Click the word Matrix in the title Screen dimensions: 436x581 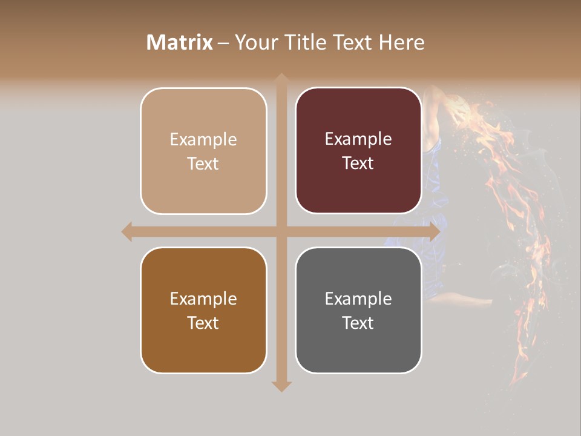coord(180,42)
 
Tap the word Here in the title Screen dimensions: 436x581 coord(401,42)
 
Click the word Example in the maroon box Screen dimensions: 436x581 coord(358,139)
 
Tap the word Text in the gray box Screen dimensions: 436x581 coord(358,323)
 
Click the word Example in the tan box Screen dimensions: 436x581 coord(203,140)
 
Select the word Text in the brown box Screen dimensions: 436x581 coord(203,323)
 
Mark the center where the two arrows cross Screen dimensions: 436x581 coord(281,231)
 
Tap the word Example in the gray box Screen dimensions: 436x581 coord(358,299)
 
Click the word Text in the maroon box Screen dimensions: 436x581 coord(358,163)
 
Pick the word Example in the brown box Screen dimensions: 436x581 coord(203,299)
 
